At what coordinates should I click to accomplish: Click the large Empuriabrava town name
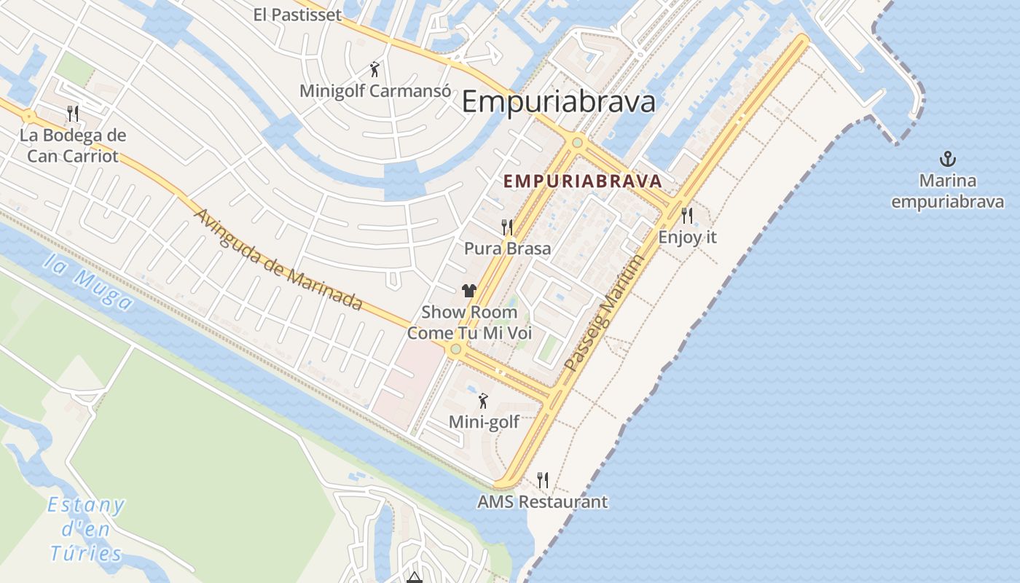(x=559, y=102)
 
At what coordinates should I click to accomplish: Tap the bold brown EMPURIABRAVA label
(x=583, y=181)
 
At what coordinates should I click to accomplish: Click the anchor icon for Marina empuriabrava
(x=947, y=159)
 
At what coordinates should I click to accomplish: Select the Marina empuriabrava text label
(x=947, y=191)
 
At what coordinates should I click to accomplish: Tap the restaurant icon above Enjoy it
(x=687, y=215)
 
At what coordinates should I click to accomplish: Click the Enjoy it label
(x=687, y=237)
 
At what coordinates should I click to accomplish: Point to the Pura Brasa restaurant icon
(x=507, y=227)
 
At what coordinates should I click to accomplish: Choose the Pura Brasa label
(x=507, y=249)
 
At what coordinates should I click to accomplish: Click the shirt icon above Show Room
(x=468, y=291)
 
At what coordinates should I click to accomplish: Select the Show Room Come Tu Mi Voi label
(x=469, y=323)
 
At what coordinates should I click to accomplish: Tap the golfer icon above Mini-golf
(x=482, y=401)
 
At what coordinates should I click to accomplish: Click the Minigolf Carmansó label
(x=373, y=91)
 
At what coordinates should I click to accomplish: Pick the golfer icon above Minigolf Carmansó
(x=374, y=70)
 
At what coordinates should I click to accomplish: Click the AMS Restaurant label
(x=542, y=502)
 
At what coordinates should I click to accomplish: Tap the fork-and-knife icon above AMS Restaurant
(x=542, y=480)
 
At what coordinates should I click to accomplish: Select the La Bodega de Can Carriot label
(x=72, y=146)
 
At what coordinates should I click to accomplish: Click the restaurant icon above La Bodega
(x=72, y=113)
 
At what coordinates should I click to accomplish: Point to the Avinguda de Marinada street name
(x=279, y=259)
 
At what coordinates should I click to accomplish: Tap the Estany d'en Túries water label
(x=86, y=529)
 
